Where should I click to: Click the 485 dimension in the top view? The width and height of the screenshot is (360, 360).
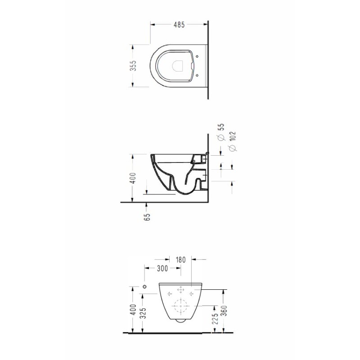pyautogui.click(x=179, y=25)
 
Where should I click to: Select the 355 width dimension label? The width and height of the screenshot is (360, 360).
pyautogui.click(x=133, y=66)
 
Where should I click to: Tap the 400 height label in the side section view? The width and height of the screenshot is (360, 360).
pyautogui.click(x=133, y=178)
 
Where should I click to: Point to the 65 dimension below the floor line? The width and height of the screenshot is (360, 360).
pyautogui.click(x=147, y=217)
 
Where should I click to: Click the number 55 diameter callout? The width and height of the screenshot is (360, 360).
pyautogui.click(x=220, y=127)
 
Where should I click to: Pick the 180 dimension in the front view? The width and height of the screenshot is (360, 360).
pyautogui.click(x=181, y=260)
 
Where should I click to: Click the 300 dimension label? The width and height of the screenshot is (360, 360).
pyautogui.click(x=162, y=268)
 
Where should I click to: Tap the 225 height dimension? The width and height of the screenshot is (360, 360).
pyautogui.click(x=215, y=319)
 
